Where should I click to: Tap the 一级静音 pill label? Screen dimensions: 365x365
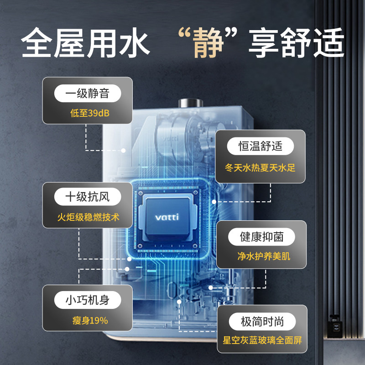click(88, 94)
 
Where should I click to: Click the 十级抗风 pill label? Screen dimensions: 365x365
click(88, 198)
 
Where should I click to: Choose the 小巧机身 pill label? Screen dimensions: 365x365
click(88, 301)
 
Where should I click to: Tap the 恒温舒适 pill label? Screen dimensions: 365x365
click(261, 146)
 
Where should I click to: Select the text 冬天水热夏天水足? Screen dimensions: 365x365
click(261, 167)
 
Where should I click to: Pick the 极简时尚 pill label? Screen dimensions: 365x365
click(262, 322)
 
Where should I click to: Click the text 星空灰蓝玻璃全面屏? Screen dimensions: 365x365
click(262, 341)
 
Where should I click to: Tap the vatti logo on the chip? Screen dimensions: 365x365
click(166, 217)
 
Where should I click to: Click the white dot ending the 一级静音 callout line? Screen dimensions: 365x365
click(123, 150)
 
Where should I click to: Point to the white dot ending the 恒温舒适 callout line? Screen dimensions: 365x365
click(214, 201)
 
